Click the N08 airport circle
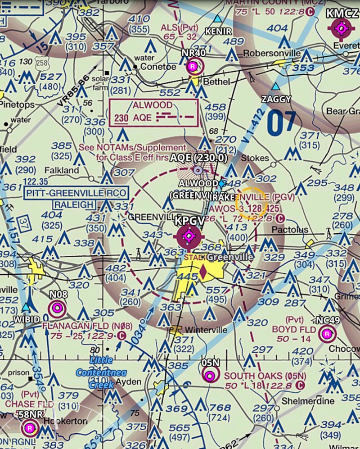[57, 309]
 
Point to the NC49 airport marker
[327, 334]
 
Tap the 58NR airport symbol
[30, 427]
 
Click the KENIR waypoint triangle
[218, 19]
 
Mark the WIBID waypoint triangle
[27, 308]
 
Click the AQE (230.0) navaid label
[198, 158]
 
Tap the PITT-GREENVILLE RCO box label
[76, 193]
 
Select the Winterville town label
[206, 330]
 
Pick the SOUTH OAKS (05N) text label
[260, 376]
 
